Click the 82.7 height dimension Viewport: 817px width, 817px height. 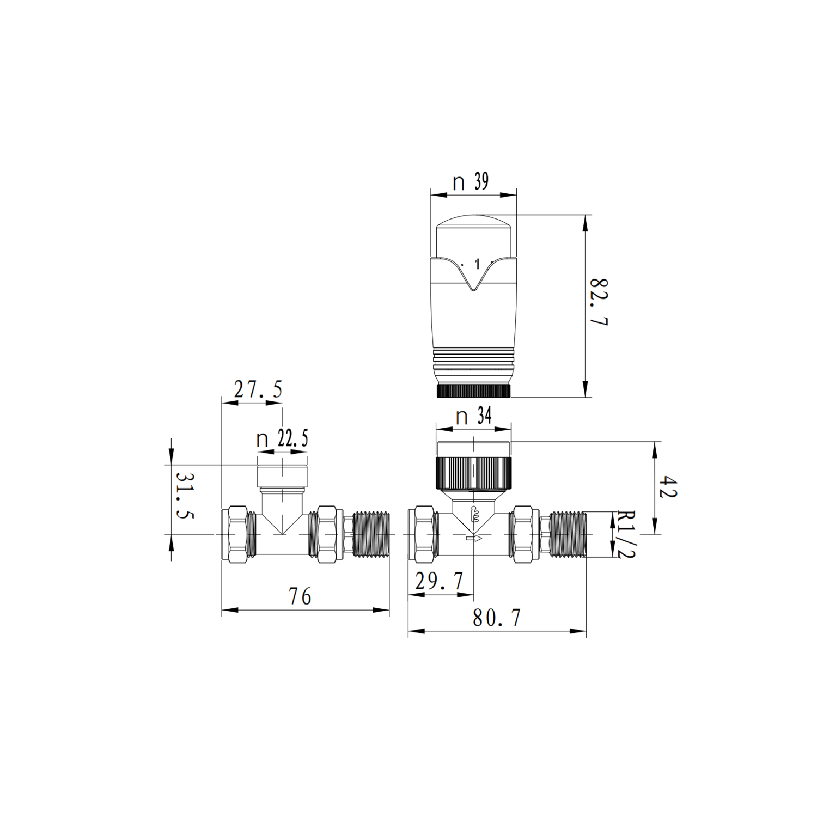coord(599,302)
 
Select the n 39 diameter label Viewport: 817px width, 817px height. coord(471,181)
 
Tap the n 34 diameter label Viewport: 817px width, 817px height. coord(473,417)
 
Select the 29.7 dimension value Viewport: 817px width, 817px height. coord(439,582)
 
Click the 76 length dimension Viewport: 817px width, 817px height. coord(300,596)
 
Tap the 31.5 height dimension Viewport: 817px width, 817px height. coord(185,495)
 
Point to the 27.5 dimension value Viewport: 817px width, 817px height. coord(258,389)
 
